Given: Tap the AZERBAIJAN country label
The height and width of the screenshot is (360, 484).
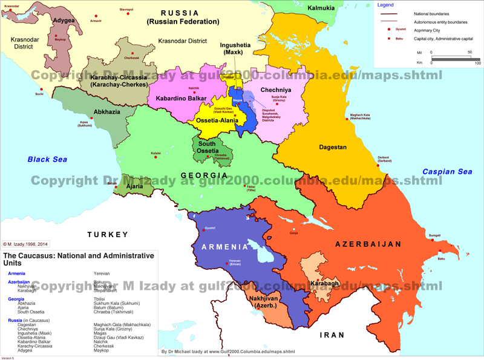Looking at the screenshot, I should tap(368, 244).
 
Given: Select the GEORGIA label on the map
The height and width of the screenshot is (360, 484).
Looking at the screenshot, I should tap(205, 176).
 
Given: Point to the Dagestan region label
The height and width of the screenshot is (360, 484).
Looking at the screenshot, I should tap(333, 147).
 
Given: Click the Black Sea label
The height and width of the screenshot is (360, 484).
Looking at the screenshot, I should tap(47, 159).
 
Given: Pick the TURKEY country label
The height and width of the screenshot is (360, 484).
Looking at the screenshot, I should tap(108, 234).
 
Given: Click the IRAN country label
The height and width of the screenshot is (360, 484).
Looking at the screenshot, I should tap(332, 335).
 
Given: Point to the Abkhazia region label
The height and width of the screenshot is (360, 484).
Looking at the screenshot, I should tap(106, 112).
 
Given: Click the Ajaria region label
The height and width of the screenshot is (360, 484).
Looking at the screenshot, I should tap(134, 186).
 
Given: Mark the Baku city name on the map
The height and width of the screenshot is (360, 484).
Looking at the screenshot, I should tap(441, 259).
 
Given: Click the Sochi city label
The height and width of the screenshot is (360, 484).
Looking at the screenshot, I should tap(39, 94).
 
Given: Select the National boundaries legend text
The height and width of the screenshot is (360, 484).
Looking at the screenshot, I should tap(431, 13).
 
